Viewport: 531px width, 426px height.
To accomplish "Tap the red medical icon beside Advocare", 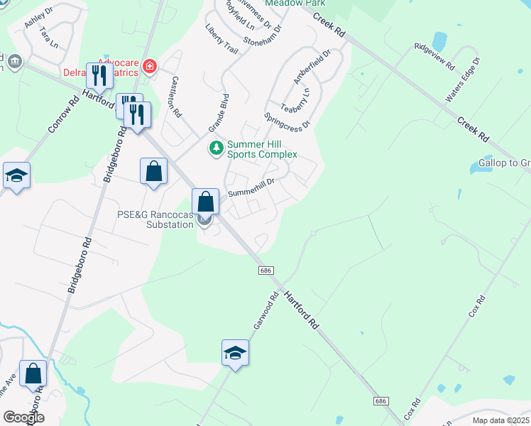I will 149,67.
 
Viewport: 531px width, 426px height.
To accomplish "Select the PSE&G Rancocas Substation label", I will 155,219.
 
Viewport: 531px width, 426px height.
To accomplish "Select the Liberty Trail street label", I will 221,40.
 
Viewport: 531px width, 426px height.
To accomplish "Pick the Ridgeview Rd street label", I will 434,56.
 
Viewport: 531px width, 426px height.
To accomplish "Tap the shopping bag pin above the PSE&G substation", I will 205,201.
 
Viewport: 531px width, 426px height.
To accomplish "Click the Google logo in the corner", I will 23,417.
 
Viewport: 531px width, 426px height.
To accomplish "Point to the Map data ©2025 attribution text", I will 500,420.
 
